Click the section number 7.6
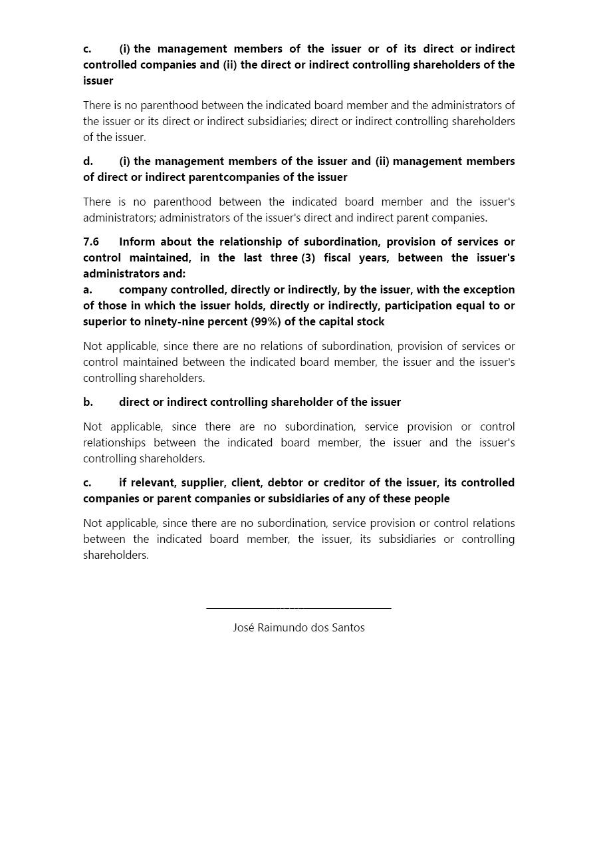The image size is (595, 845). click(x=91, y=242)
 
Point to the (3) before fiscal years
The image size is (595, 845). click(x=308, y=257)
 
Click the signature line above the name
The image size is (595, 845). click(x=298, y=607)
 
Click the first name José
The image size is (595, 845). click(x=243, y=627)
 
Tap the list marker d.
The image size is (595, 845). click(x=88, y=161)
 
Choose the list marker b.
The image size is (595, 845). click(x=88, y=402)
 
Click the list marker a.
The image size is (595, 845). click(x=88, y=289)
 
